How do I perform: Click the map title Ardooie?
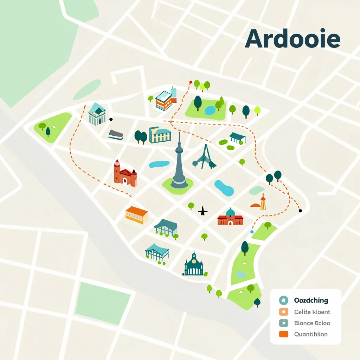tap(292, 39)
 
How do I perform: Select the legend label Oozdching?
tap(310, 301)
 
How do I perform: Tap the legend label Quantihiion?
tap(310, 334)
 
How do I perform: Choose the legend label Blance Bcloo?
tap(312, 323)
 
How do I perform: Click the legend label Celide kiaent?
tap(312, 312)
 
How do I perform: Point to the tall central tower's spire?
tap(179, 141)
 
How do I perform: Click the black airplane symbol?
tap(203, 211)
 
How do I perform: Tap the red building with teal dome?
tap(230, 218)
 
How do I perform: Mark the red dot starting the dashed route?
tap(191, 82)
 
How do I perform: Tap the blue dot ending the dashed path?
tap(252, 232)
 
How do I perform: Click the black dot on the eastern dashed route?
tap(300, 211)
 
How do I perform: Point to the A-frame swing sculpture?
tap(204, 157)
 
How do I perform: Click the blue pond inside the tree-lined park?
tap(210, 110)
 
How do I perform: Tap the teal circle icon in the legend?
tap(283, 301)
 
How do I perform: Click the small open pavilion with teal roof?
tap(237, 137)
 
